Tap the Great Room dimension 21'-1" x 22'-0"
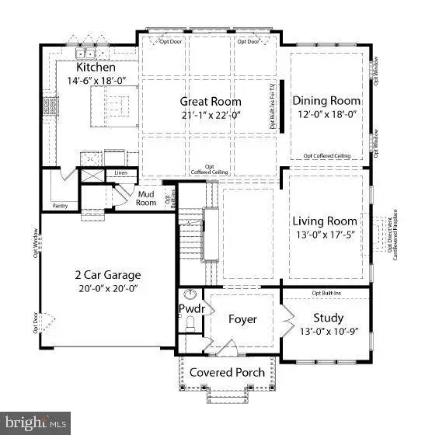pyautogui.click(x=211, y=114)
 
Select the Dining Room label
pyautogui.click(x=326, y=100)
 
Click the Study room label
pyautogui.click(x=328, y=318)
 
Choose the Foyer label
pyautogui.click(x=242, y=319)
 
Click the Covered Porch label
pyautogui.click(x=226, y=372)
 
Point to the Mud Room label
pyautogui.click(x=146, y=198)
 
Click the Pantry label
pyautogui.click(x=61, y=206)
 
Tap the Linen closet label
pyautogui.click(x=120, y=172)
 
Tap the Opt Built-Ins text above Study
pyautogui.click(x=327, y=293)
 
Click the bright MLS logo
pyautogui.click(x=35, y=423)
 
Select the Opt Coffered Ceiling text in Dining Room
pyautogui.click(x=326, y=156)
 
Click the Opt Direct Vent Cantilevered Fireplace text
pyautogui.click(x=391, y=233)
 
